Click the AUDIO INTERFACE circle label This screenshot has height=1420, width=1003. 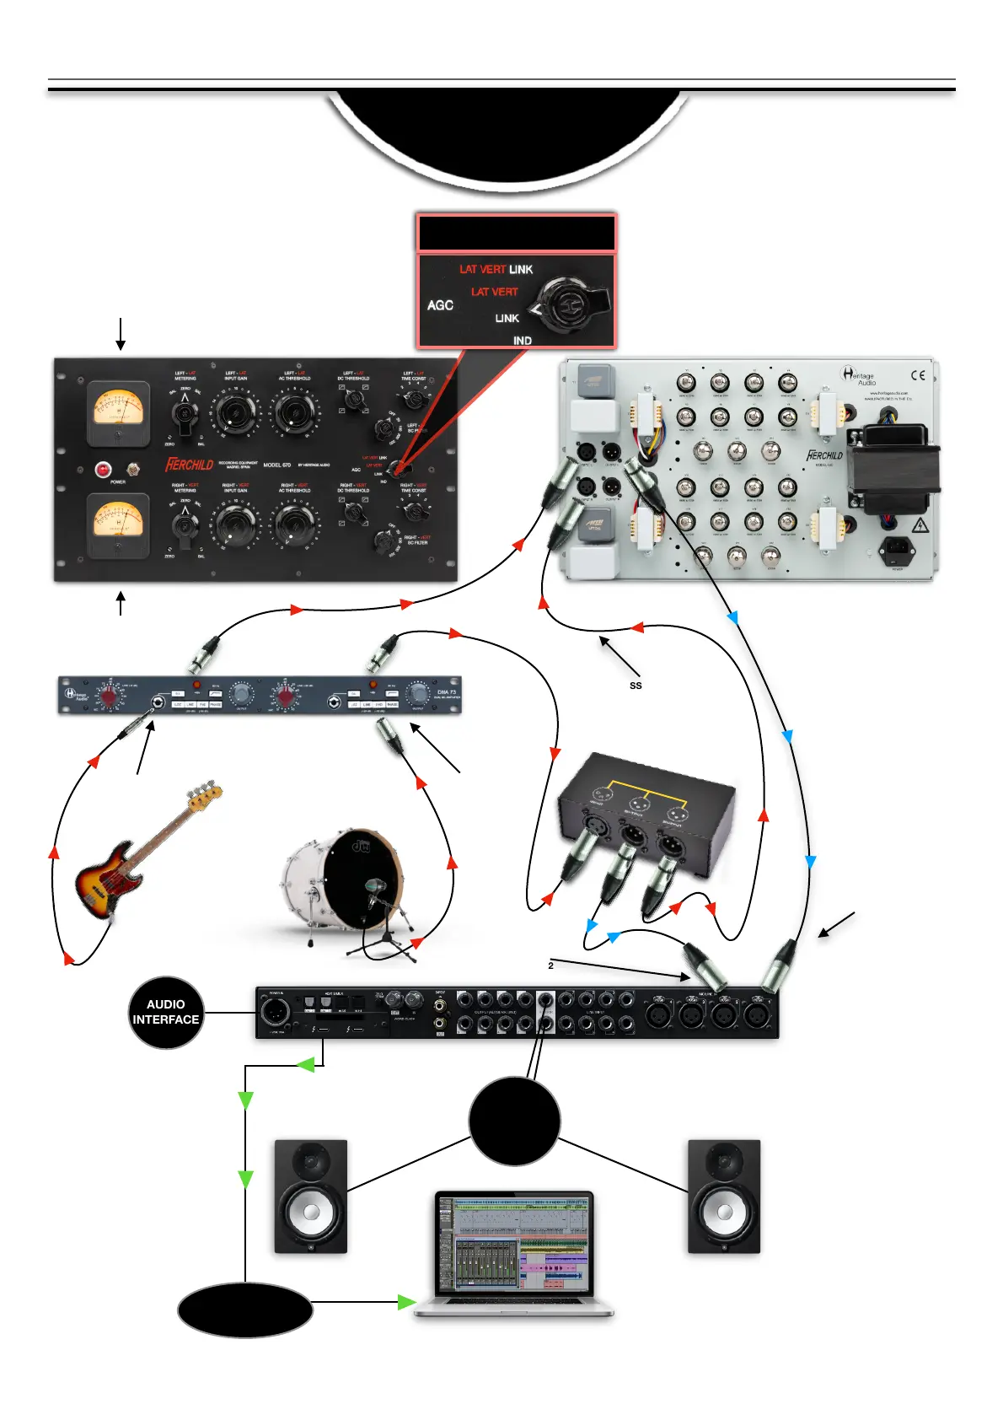(x=166, y=1012)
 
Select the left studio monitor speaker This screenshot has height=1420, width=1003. (x=310, y=1197)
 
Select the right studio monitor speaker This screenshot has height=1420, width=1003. (x=724, y=1197)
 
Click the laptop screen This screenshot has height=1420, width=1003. (x=513, y=1244)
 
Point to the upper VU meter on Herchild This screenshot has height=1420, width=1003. (x=119, y=409)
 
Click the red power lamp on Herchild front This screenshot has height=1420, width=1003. (x=104, y=469)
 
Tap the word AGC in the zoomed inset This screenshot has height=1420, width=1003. (x=440, y=305)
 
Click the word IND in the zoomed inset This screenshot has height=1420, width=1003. (x=523, y=341)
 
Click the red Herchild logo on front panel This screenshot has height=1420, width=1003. (x=190, y=465)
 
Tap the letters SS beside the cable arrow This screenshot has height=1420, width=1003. (x=636, y=686)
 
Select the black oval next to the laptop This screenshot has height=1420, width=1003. (x=245, y=1310)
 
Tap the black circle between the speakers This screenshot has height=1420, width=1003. (x=514, y=1121)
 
